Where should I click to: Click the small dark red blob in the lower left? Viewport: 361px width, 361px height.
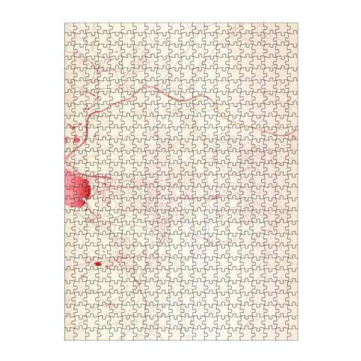pyautogui.click(x=97, y=264)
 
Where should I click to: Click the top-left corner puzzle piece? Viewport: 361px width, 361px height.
pyautogui.click(x=70, y=29)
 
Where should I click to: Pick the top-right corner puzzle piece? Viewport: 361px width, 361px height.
pyautogui.click(x=291, y=29)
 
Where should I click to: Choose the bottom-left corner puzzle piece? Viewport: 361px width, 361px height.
pyautogui.click(x=70, y=335)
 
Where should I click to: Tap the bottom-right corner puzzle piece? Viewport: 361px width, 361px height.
pyautogui.click(x=291, y=335)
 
